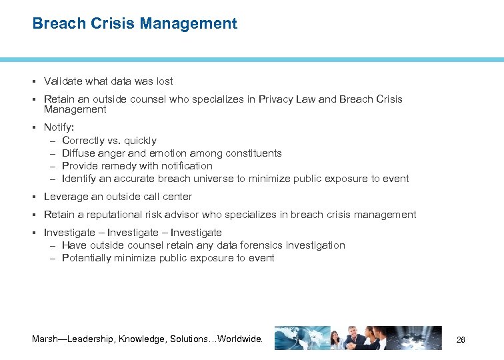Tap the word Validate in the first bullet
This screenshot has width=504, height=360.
(x=62, y=81)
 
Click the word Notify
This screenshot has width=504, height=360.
(x=57, y=127)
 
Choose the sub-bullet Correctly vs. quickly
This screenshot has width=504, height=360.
(x=109, y=141)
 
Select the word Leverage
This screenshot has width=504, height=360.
(x=64, y=197)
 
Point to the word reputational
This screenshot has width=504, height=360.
(x=114, y=215)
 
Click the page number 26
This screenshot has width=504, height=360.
(x=460, y=340)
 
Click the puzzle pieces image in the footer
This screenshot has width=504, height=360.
(x=421, y=338)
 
